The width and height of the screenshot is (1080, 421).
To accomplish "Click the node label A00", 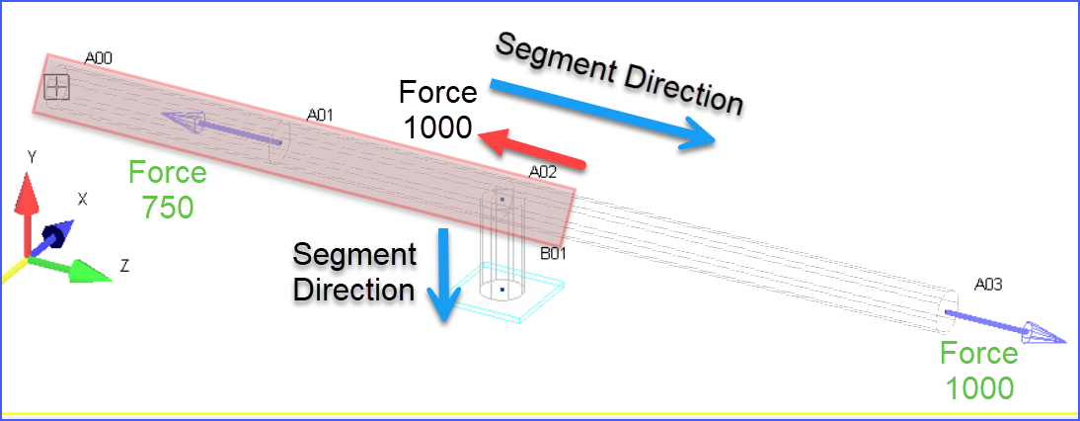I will click(98, 59).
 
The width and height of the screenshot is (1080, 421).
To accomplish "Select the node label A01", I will click(320, 116).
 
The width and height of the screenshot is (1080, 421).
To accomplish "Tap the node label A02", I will click(543, 172).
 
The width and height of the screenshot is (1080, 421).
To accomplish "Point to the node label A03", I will click(988, 285).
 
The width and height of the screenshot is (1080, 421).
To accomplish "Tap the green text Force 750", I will click(168, 191).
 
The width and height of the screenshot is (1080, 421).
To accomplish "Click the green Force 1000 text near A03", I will click(978, 371).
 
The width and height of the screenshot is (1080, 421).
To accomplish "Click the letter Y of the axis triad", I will click(32, 157).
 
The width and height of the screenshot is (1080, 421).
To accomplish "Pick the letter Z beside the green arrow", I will click(124, 265).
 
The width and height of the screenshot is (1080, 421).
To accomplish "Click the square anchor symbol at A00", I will click(57, 87).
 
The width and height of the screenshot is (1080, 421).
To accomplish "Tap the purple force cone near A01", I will click(185, 122).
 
